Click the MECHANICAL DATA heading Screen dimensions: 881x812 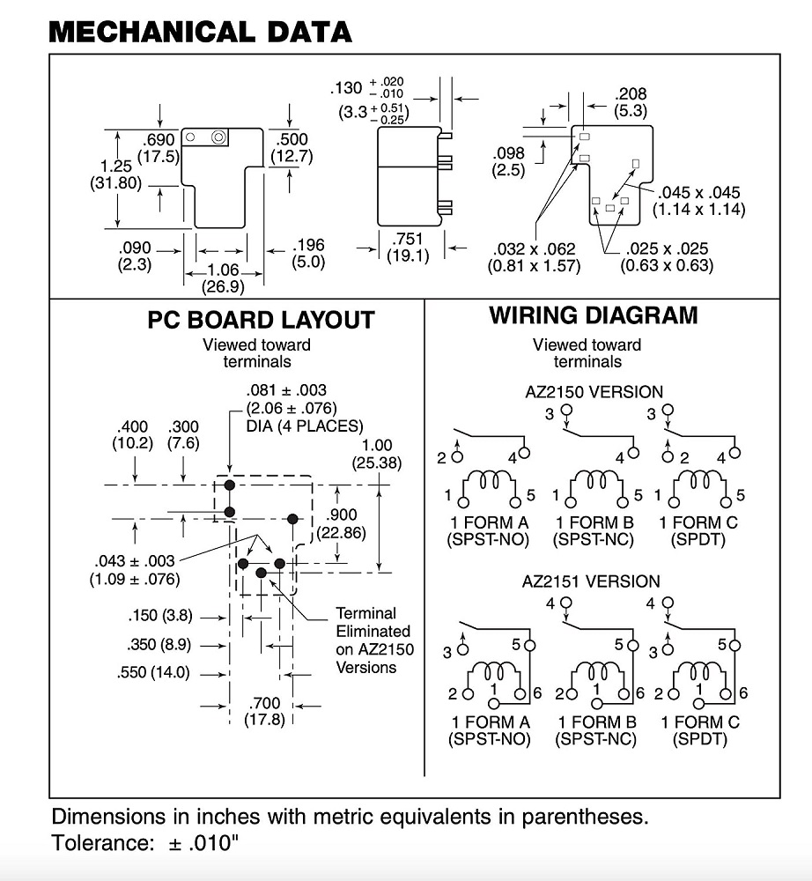pyautogui.click(x=200, y=32)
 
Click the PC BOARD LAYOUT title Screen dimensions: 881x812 pyautogui.click(x=261, y=320)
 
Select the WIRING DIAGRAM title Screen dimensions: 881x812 pyautogui.click(x=594, y=315)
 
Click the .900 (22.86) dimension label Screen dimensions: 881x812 pyautogui.click(x=342, y=523)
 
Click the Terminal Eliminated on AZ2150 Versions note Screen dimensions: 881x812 pyautogui.click(x=373, y=640)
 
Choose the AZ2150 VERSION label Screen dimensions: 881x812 pyautogui.click(x=594, y=391)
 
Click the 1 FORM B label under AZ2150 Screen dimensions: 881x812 pyautogui.click(x=594, y=522)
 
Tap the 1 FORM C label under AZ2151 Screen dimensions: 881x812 pyautogui.click(x=700, y=722)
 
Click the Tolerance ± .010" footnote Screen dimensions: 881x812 pyautogui.click(x=145, y=842)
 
